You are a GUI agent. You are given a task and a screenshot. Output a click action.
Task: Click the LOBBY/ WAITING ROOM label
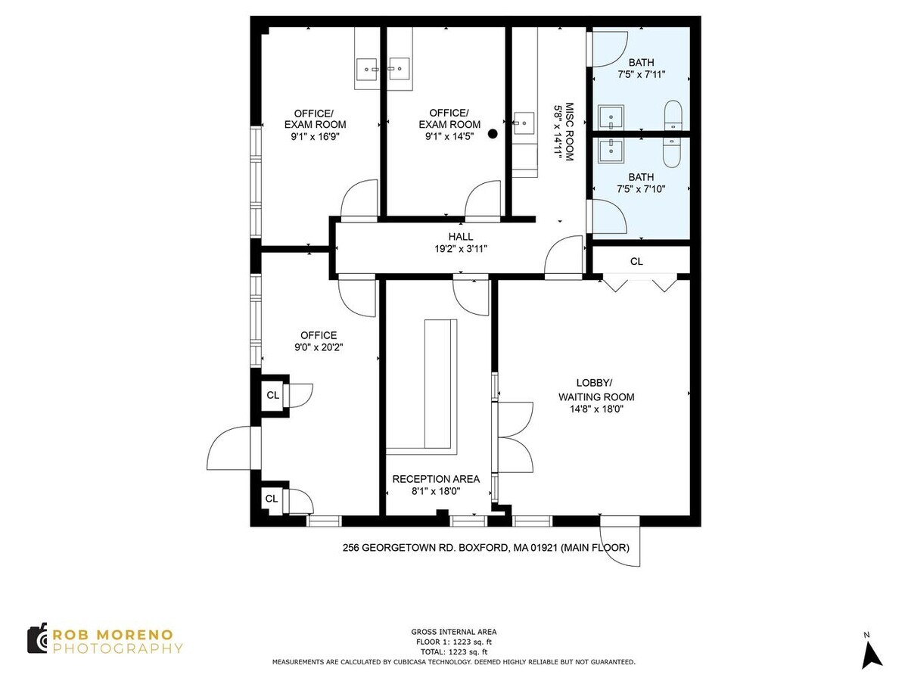click(596, 390)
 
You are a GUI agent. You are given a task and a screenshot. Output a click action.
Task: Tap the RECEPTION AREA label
click(435, 479)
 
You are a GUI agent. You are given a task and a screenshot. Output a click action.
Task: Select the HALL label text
click(460, 237)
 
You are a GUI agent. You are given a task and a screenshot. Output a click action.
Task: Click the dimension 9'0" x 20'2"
click(318, 348)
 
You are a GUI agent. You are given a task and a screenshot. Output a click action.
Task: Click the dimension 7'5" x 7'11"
click(641, 75)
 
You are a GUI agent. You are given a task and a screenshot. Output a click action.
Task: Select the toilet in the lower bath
click(673, 152)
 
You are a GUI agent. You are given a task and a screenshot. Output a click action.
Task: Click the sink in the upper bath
click(611, 118)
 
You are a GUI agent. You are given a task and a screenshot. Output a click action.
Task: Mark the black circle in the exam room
click(493, 134)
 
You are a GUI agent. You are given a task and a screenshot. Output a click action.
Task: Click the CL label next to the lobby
click(636, 262)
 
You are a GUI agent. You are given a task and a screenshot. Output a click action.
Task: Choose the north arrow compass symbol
click(872, 652)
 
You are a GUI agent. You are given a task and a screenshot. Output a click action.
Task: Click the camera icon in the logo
click(38, 639)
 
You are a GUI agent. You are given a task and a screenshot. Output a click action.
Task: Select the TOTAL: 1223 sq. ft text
click(454, 651)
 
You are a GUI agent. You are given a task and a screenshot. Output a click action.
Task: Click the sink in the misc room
click(523, 121)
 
